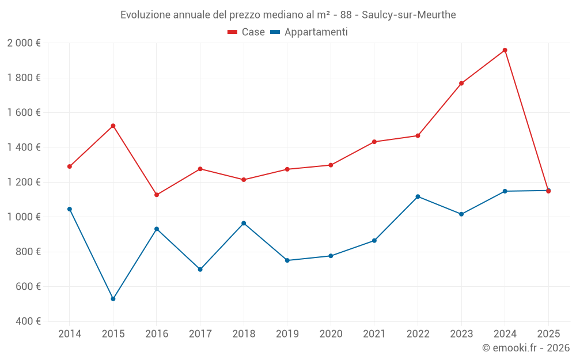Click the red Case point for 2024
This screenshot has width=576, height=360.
[x=505, y=50]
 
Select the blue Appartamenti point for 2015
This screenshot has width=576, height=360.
[x=113, y=299]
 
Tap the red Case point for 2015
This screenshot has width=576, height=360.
[x=113, y=126]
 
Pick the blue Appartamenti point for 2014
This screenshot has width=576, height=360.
[x=70, y=209]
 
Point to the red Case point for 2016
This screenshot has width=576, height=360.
[x=157, y=195]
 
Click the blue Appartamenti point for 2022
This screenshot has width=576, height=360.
[x=418, y=196]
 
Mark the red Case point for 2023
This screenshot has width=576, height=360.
[x=461, y=84]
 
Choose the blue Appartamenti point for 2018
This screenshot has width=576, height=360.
[x=244, y=223]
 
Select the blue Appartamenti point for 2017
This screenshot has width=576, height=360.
[x=200, y=270]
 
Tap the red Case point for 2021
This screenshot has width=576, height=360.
[x=374, y=142]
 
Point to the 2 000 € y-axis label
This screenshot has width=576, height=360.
[x=24, y=43]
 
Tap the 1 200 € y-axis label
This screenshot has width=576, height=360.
[x=24, y=182]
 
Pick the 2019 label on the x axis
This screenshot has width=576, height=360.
[x=287, y=334]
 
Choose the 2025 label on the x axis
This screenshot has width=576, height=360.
[x=548, y=334]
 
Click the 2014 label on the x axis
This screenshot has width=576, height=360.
[x=70, y=334]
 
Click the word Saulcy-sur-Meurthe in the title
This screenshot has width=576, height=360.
[x=408, y=15]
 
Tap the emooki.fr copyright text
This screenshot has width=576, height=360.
[x=525, y=348]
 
